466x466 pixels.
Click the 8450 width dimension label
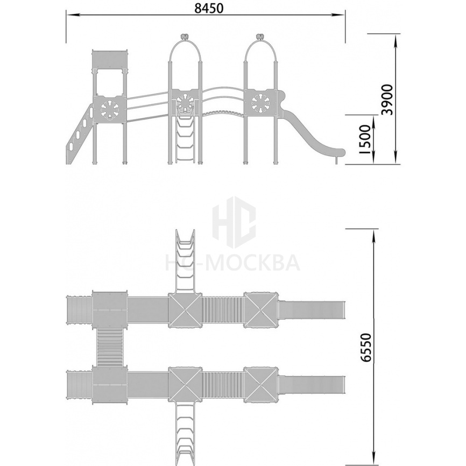pos(209,8)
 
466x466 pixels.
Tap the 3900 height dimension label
pos(387,100)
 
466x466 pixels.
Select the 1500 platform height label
pos(365,139)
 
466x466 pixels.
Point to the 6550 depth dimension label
pos(366,348)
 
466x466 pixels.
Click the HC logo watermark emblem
pos(234,222)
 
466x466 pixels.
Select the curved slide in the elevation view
pos(312,131)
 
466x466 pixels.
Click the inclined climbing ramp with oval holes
pos(80,134)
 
